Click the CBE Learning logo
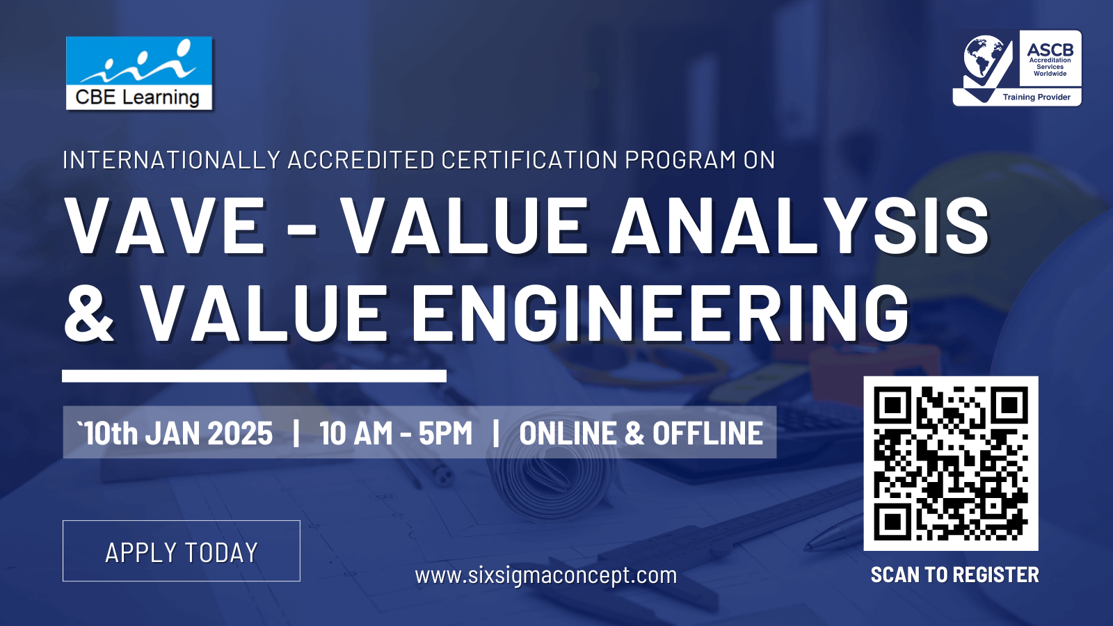click(139, 73)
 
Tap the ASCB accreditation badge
click(1017, 68)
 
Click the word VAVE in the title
click(165, 225)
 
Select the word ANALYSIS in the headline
click(801, 225)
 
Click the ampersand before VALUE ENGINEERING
click(89, 313)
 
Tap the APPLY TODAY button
click(182, 551)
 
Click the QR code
click(951, 463)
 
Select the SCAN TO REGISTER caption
click(955, 575)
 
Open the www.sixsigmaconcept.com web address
click(546, 576)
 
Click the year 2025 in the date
click(240, 433)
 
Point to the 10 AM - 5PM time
click(396, 433)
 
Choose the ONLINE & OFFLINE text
click(641, 433)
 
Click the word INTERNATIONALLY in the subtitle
click(172, 160)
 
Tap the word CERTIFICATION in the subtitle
click(529, 160)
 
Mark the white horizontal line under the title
click(254, 376)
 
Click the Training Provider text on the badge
click(1036, 97)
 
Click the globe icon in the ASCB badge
click(984, 56)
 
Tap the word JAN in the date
click(173, 433)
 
